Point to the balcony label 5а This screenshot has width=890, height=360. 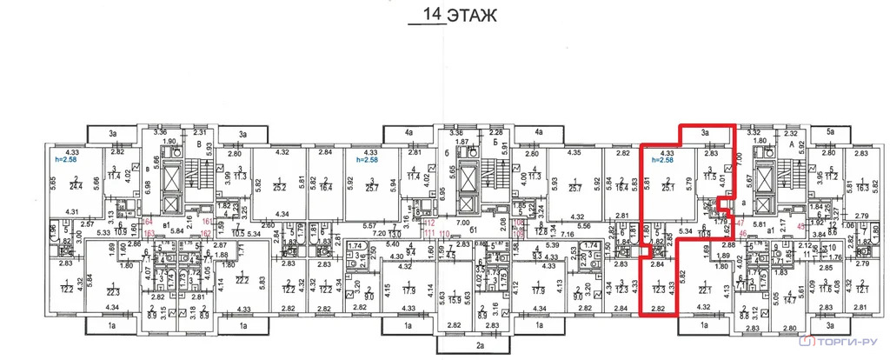click(x=832, y=131)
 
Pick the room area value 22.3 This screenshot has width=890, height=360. click(x=112, y=291)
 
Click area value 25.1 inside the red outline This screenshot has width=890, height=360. click(x=667, y=185)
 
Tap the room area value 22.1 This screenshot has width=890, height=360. click(x=704, y=291)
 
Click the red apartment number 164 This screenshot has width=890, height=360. click(x=148, y=223)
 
